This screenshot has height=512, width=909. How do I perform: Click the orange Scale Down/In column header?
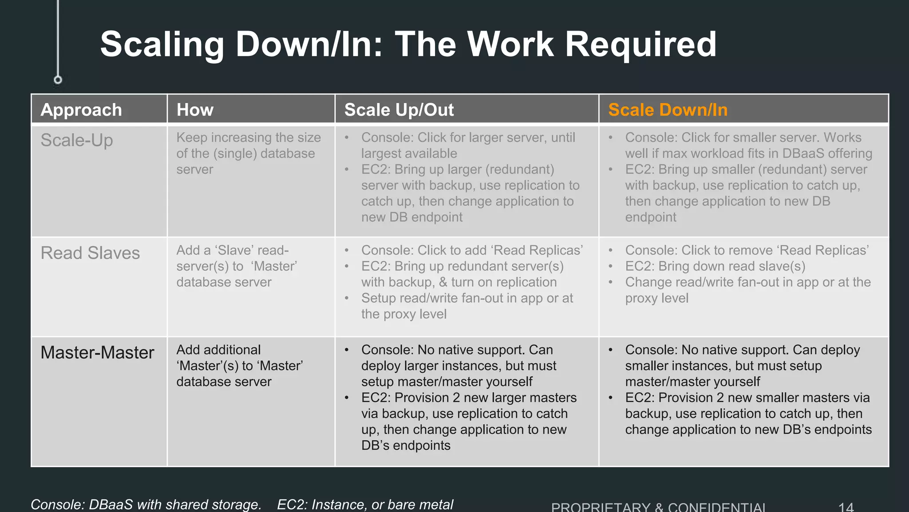click(668, 110)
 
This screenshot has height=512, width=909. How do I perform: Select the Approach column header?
click(81, 110)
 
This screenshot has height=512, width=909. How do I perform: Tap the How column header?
click(195, 110)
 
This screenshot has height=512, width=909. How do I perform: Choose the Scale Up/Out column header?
click(399, 110)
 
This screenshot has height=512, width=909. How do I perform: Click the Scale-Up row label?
click(77, 140)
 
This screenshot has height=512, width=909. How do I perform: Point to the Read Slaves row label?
click(90, 253)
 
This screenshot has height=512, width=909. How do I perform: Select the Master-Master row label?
click(97, 352)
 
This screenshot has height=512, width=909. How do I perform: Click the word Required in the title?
click(640, 44)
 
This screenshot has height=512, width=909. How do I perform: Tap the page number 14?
click(846, 507)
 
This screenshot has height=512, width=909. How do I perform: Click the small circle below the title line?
click(58, 80)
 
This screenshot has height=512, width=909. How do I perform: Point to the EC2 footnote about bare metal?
click(365, 504)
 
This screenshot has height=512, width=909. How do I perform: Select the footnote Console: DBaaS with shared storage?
click(146, 504)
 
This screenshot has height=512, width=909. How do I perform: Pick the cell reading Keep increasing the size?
click(248, 153)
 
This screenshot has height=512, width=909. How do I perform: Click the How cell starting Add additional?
click(240, 365)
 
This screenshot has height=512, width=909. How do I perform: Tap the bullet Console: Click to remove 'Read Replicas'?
click(747, 250)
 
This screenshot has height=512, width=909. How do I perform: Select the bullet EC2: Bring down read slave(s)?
click(715, 266)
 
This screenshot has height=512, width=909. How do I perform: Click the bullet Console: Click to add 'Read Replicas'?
click(472, 250)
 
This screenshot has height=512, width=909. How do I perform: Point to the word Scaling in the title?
click(162, 44)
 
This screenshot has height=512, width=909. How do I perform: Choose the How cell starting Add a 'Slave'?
click(237, 266)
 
